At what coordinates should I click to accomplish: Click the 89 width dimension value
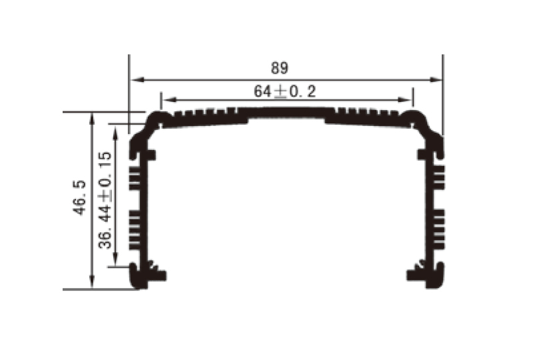(279, 68)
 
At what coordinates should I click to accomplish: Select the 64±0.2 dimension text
(284, 91)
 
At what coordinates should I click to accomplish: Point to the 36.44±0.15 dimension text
(105, 199)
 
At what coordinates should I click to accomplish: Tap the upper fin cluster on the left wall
(135, 177)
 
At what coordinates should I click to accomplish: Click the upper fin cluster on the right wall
(438, 177)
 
